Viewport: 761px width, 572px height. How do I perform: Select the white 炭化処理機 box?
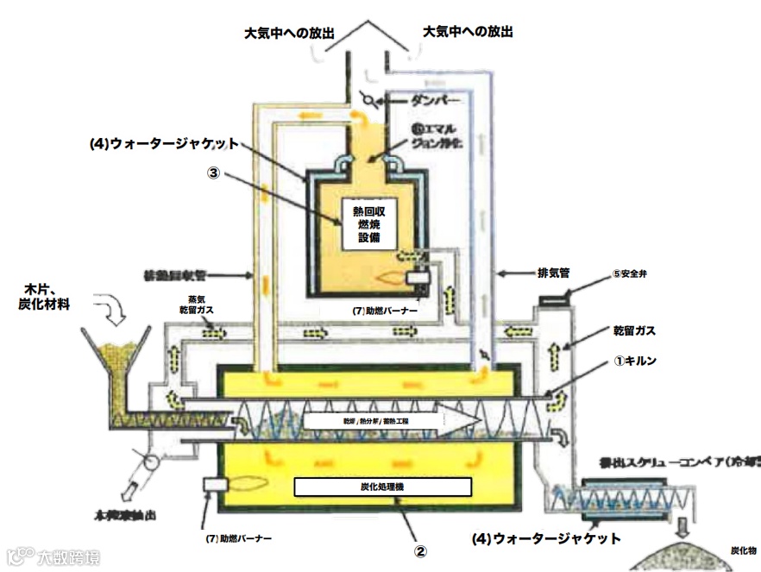tap(382, 487)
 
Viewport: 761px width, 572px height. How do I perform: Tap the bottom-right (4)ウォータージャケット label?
tap(545, 539)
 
